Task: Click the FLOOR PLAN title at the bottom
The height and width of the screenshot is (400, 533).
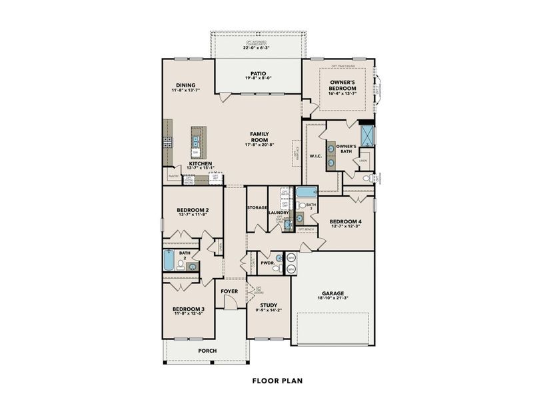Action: click(x=277, y=381)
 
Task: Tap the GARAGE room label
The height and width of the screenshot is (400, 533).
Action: click(x=333, y=293)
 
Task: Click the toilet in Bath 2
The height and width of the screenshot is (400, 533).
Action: click(x=181, y=265)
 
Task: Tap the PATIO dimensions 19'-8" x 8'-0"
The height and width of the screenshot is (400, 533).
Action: click(x=259, y=78)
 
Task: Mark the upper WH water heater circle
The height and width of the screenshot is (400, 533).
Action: click(x=291, y=257)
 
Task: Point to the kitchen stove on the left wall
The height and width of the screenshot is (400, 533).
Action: click(x=167, y=141)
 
